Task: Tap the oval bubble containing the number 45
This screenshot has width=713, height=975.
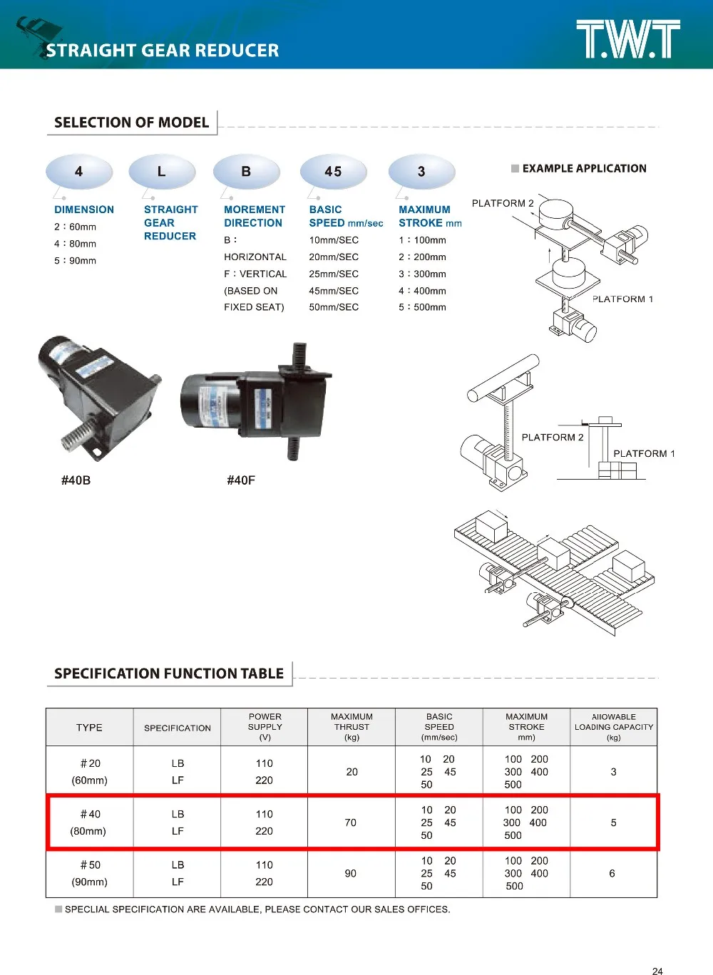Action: [333, 172]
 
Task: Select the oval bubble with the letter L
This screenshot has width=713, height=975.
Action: [161, 172]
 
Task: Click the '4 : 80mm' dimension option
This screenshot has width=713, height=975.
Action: [75, 244]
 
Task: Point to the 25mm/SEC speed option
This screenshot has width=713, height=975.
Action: [334, 274]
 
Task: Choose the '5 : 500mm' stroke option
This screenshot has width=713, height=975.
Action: [422, 307]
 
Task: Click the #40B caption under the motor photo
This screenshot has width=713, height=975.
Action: [76, 480]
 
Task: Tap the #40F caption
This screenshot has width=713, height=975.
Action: [241, 480]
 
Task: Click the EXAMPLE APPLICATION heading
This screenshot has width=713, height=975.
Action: [584, 169]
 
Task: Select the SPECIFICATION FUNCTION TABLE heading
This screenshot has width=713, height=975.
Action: [169, 674]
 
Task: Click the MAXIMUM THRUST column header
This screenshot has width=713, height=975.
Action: [352, 727]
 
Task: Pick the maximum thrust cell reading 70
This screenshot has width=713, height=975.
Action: [351, 822]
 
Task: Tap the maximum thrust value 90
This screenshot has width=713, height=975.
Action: [351, 873]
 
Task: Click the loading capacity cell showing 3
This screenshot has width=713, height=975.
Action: [613, 772]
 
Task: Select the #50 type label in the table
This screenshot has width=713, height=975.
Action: [91, 865]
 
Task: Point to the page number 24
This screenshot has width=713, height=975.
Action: [657, 971]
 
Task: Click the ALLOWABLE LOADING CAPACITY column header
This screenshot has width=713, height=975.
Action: [613, 727]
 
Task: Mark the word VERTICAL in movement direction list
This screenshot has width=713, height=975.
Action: [263, 274]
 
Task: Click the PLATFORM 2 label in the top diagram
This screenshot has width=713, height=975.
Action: [503, 203]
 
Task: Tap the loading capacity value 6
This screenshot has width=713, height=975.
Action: [612, 873]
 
